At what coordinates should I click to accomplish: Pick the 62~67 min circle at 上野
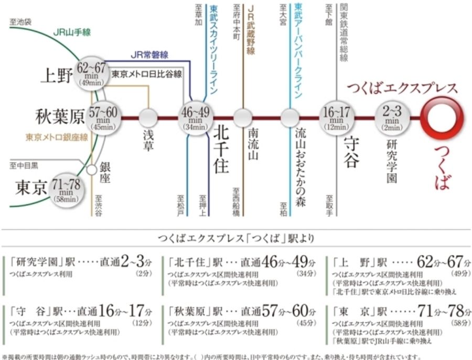[91, 73]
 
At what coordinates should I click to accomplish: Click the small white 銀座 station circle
[92, 170]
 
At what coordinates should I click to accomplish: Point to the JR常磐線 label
[149, 55]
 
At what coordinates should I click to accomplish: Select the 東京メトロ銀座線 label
[57, 137]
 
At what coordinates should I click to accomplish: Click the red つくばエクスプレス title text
[402, 88]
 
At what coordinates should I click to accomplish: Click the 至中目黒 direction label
[24, 166]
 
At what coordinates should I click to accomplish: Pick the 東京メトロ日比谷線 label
[147, 74]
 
